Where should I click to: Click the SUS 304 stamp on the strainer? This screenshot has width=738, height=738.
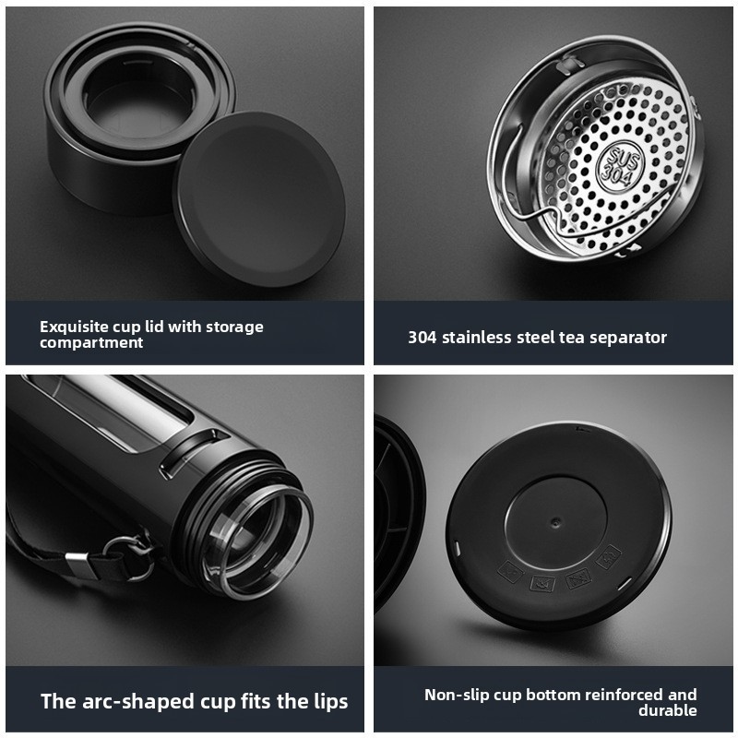(620, 166)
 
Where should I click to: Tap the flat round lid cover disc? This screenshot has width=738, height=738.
(259, 198)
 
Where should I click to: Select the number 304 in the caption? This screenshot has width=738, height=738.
(422, 338)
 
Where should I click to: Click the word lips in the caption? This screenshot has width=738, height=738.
(331, 702)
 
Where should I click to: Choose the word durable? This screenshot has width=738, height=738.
(667, 710)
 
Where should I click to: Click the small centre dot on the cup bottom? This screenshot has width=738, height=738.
(556, 522)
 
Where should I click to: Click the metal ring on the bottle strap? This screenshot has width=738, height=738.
(126, 558)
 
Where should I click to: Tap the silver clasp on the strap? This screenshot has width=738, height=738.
(78, 565)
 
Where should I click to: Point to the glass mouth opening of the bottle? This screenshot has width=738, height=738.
(257, 542)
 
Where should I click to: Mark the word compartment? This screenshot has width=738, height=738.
(91, 343)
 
